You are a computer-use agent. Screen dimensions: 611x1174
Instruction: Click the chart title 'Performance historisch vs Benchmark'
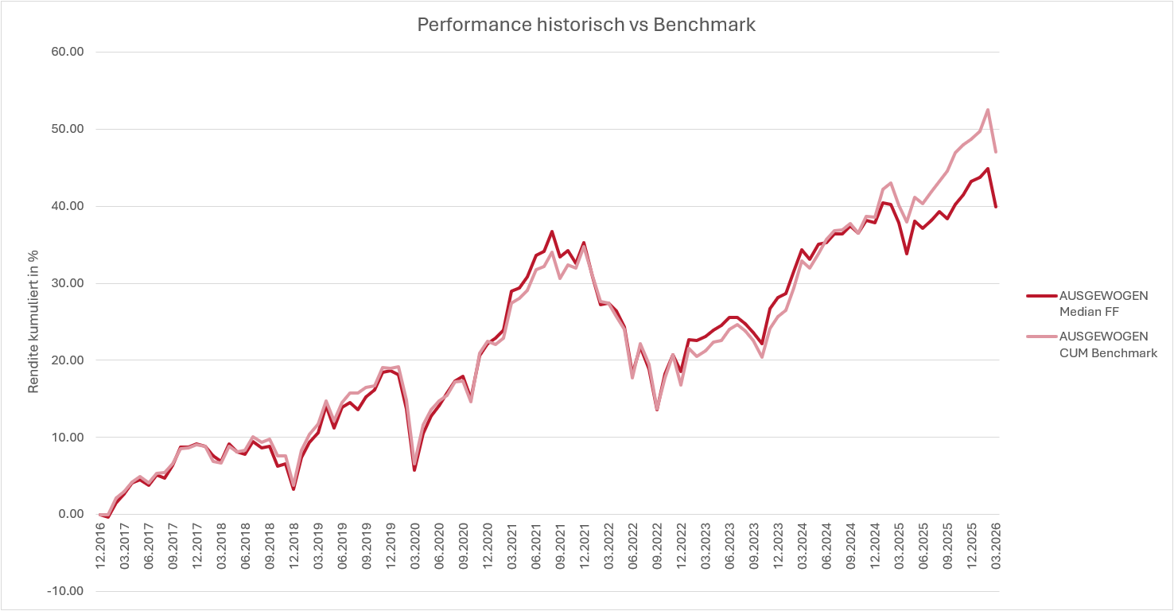586,25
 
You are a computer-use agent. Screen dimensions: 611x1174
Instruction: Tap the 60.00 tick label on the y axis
67,52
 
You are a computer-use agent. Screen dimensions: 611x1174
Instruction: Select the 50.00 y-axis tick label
67,129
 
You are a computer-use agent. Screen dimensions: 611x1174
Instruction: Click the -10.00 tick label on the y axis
65,591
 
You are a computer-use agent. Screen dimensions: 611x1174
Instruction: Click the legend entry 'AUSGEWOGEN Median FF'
1103,303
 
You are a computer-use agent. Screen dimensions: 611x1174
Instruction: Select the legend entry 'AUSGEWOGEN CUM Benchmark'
1108,344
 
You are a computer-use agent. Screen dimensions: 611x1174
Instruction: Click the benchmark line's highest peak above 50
987,110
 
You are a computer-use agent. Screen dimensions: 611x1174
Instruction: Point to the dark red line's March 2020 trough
414,470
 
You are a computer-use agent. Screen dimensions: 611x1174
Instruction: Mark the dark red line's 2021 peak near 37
551,232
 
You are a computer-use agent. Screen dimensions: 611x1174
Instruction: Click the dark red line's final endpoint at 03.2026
995,206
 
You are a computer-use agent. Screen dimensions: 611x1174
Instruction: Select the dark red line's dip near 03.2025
907,253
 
